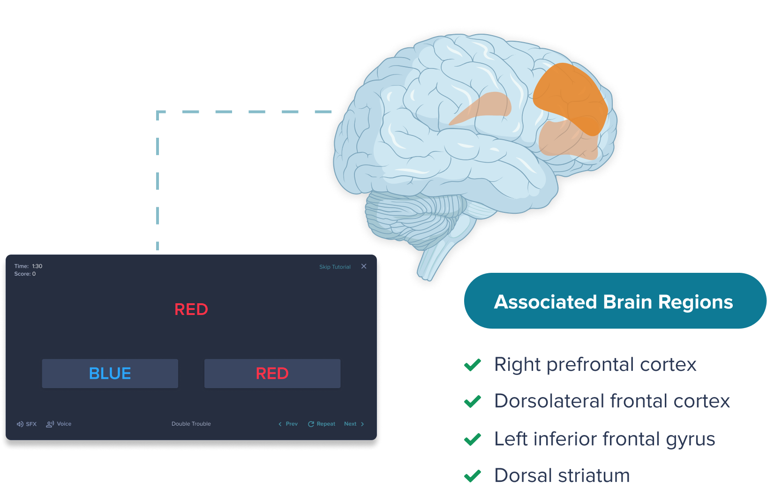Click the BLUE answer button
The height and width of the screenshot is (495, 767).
pyautogui.click(x=110, y=374)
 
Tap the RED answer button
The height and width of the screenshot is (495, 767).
pyautogui.click(x=272, y=374)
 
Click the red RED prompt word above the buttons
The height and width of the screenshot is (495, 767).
pyautogui.click(x=191, y=309)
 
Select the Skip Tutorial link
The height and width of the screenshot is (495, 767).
pyautogui.click(x=335, y=267)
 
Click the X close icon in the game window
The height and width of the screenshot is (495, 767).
pyautogui.click(x=364, y=266)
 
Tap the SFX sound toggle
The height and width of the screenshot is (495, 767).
pyautogui.click(x=27, y=424)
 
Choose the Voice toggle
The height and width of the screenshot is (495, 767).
pyautogui.click(x=59, y=424)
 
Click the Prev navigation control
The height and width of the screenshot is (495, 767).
pyautogui.click(x=288, y=424)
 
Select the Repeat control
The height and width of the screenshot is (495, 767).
pyautogui.click(x=322, y=424)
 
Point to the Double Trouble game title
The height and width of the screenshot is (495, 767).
pyautogui.click(x=191, y=424)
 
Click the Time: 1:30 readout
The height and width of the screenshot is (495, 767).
pyautogui.click(x=28, y=266)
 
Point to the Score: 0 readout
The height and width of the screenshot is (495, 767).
pyautogui.click(x=25, y=274)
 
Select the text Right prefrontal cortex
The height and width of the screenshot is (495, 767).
pyautogui.click(x=595, y=364)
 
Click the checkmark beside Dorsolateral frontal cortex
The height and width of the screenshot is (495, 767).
pyautogui.click(x=473, y=402)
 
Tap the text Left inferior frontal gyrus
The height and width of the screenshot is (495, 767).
pyautogui.click(x=605, y=439)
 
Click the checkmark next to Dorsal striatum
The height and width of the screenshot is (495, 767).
pyautogui.click(x=473, y=476)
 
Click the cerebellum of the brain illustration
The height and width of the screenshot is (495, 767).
pyautogui.click(x=413, y=216)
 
